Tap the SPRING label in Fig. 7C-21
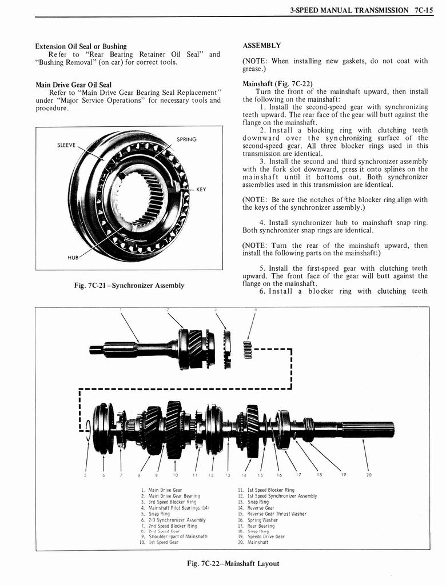[x=186, y=139]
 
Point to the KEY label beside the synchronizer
[x=201, y=190]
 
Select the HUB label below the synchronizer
[x=73, y=258]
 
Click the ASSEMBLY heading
[x=261, y=45]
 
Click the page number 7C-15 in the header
[x=425, y=10]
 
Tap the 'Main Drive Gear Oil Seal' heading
[x=73, y=85]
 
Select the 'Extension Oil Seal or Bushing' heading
[x=81, y=46]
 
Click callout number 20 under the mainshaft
[x=368, y=474]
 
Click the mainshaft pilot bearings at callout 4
[x=248, y=348]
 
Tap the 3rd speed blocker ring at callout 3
[x=228, y=349]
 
